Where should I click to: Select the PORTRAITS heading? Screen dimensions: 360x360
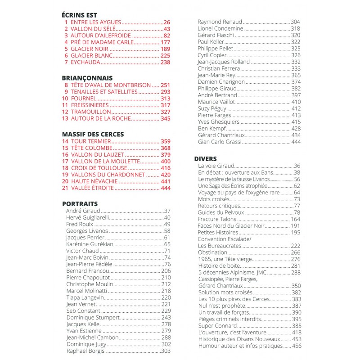[x=80, y=203]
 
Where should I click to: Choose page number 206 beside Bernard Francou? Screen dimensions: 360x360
[x=166, y=271]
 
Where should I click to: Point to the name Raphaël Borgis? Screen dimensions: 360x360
[x=85, y=351]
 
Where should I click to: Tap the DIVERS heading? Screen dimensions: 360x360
[x=205, y=158]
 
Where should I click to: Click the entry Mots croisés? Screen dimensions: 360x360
[x=214, y=199]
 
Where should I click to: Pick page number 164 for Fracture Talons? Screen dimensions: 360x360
[x=295, y=219]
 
